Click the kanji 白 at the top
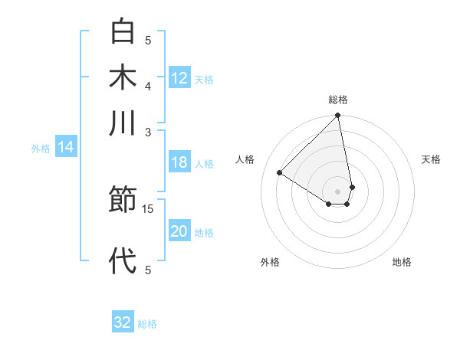pos(123,32)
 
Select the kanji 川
pos(123,122)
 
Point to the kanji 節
pos(123,201)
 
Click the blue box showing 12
pos(179,77)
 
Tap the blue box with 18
pos(179,162)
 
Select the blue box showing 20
pos(179,231)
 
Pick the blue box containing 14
pos(66,147)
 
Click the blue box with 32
pos(123,322)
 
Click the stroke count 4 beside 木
pos(148,85)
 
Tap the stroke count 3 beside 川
pos(148,132)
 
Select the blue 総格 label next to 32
pos(147,324)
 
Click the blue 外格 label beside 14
pos(41,149)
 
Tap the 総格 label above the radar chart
pos(338,100)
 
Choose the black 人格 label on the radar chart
pos(245,159)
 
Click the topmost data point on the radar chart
pos(338,116)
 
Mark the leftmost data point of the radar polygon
pos(280,173)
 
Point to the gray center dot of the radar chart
pos(338,191)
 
